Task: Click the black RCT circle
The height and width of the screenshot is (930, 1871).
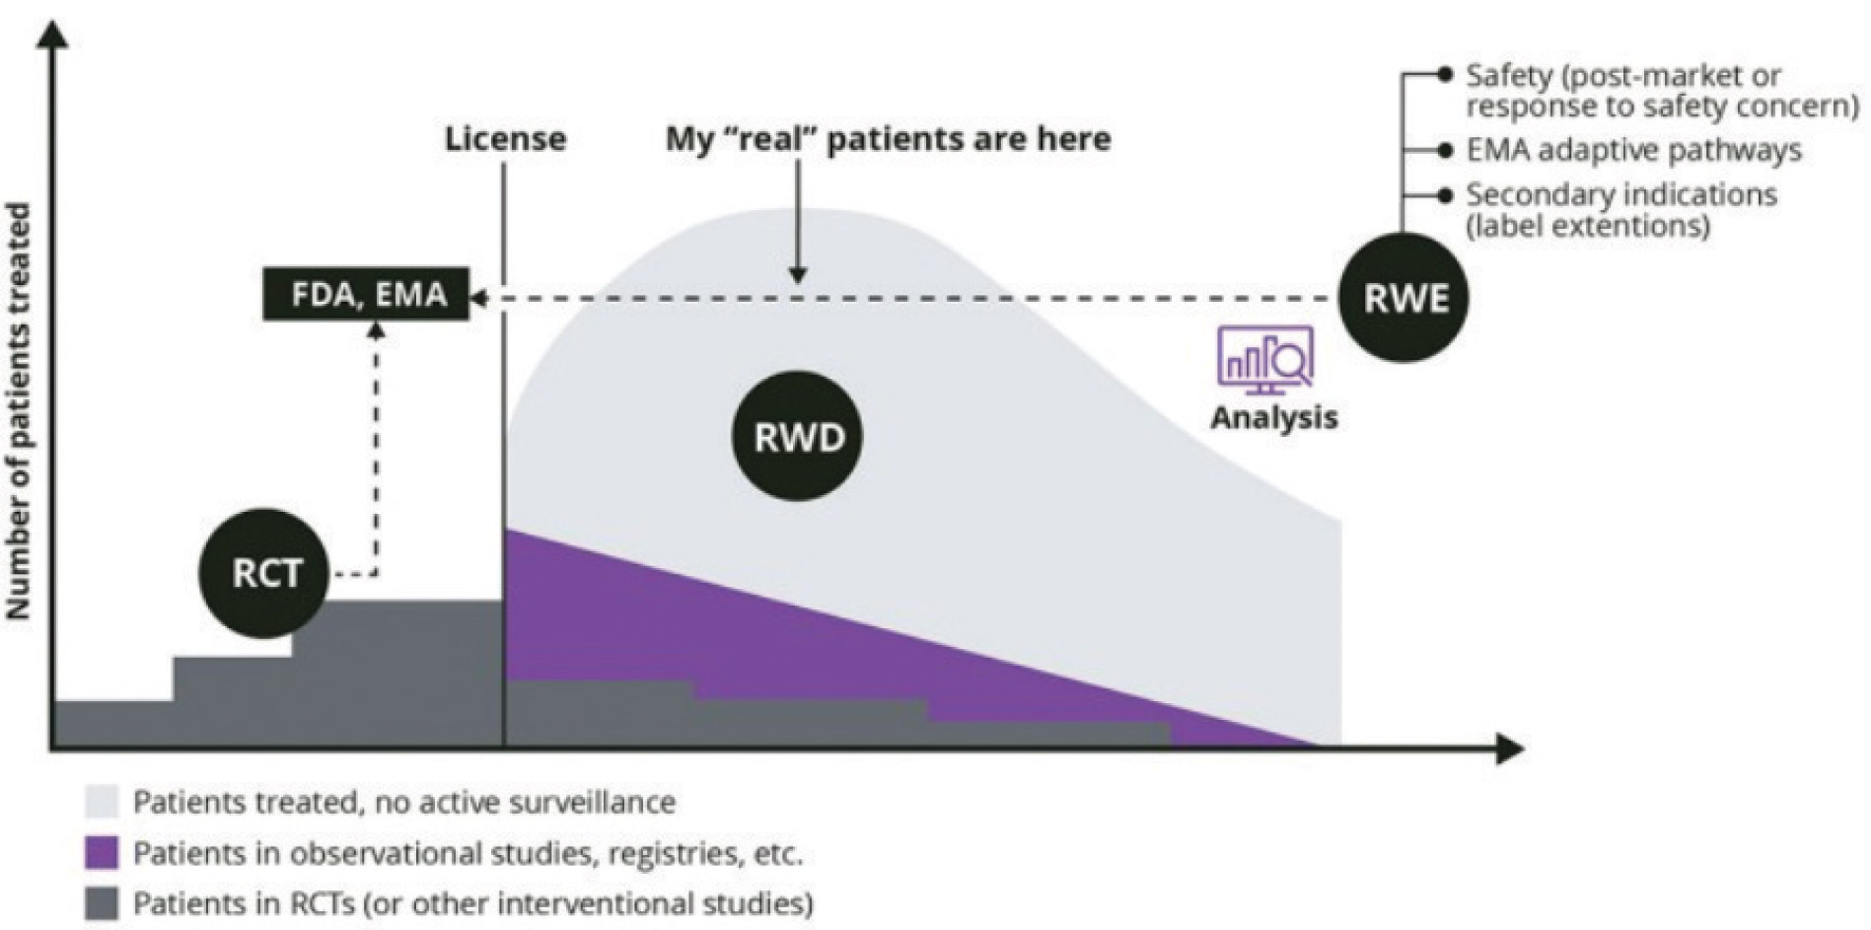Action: point(264,573)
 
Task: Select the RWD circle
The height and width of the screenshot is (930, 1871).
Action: point(797,437)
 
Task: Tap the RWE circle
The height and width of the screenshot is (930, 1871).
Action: point(1403,298)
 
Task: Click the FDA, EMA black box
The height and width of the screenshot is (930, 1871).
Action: point(367,294)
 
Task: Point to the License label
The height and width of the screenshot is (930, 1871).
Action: point(505,139)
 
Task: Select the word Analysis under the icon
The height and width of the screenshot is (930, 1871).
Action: point(1273,417)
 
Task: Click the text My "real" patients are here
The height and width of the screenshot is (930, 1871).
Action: point(888,139)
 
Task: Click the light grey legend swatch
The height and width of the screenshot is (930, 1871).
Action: point(102,802)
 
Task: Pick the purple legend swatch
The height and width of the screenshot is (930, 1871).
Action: point(102,853)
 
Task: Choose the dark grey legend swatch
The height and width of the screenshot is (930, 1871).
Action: point(102,903)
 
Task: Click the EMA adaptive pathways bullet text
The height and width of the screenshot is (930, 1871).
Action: point(1632,150)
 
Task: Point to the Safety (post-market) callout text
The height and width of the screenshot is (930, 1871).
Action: point(1661,90)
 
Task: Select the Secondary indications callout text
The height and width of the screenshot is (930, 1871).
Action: point(1619,209)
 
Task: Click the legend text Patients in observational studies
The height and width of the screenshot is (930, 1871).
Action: point(468,853)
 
